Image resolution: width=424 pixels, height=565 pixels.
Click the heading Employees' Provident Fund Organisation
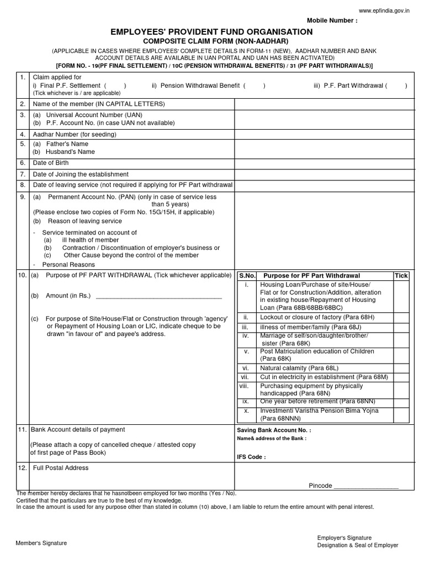(x=211, y=32)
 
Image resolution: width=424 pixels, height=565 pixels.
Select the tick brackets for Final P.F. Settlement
(x=115, y=86)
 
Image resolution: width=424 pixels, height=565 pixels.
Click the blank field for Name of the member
(x=324, y=104)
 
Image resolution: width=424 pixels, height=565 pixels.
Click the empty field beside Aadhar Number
(x=324, y=134)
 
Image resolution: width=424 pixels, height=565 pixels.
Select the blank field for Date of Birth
(x=324, y=163)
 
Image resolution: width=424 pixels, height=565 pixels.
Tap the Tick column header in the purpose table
(x=401, y=275)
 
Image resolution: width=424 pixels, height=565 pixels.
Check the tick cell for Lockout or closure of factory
(x=401, y=318)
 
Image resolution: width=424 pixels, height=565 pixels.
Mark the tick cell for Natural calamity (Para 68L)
(x=401, y=367)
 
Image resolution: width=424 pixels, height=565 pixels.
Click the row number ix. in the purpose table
(x=246, y=401)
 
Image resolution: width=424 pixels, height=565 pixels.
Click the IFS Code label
(x=251, y=457)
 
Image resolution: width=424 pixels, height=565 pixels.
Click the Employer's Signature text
(x=344, y=537)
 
